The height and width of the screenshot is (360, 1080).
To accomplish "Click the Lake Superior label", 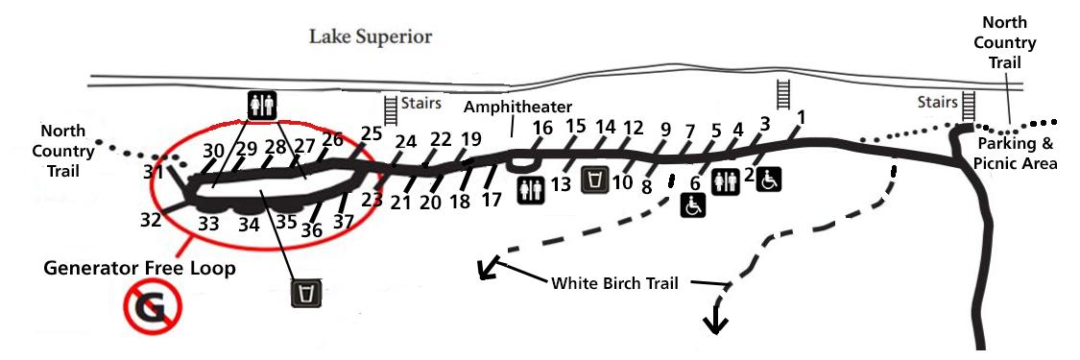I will coord(370,37).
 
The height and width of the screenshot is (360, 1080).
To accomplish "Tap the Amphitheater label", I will coord(518,106).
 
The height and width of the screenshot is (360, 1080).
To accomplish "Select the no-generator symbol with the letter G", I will coord(151,308).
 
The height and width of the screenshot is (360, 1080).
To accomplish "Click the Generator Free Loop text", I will coord(139,269).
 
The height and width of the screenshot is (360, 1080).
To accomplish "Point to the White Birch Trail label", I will coord(614,283).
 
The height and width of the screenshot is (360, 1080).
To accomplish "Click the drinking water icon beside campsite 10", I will coord(596,180).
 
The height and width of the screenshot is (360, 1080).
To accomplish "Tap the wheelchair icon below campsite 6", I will coord(694,204).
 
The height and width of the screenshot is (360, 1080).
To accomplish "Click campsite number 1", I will coord(801,118).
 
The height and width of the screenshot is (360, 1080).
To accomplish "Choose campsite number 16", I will coord(543,129).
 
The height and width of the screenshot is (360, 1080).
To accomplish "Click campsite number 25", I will coord(371,133).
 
